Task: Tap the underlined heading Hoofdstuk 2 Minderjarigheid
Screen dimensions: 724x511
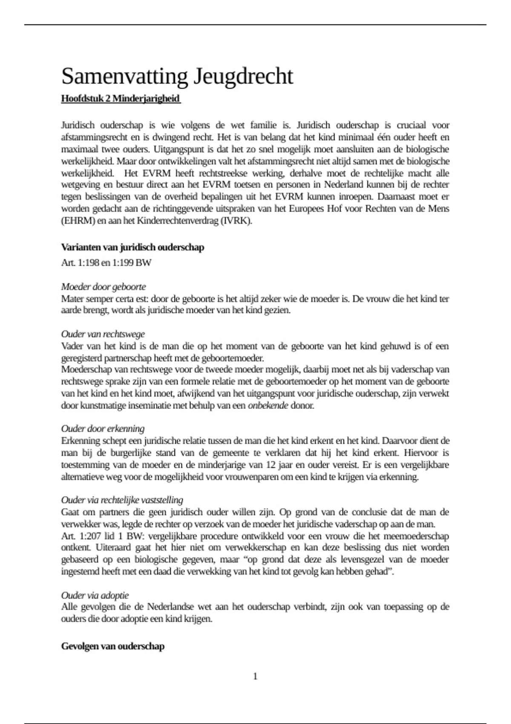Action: pyautogui.click(x=121, y=98)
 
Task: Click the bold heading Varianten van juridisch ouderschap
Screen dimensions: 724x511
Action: pyautogui.click(x=132, y=247)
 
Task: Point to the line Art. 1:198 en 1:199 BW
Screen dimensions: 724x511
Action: pyautogui.click(x=106, y=263)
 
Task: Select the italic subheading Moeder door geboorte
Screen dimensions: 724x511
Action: pyautogui.click(x=103, y=287)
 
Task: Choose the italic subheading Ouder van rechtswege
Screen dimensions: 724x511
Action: pyautogui.click(x=103, y=334)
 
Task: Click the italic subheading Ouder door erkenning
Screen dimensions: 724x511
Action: pyautogui.click(x=103, y=429)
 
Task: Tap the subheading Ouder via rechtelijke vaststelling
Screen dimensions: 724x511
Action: pyautogui.click(x=122, y=500)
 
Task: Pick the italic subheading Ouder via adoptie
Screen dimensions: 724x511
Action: pyautogui.click(x=95, y=595)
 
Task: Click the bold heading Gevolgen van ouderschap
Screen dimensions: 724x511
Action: pyautogui.click(x=113, y=646)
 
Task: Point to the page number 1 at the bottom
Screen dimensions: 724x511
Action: pyautogui.click(x=255, y=676)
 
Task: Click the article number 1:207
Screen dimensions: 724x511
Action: pyautogui.click(x=90, y=536)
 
